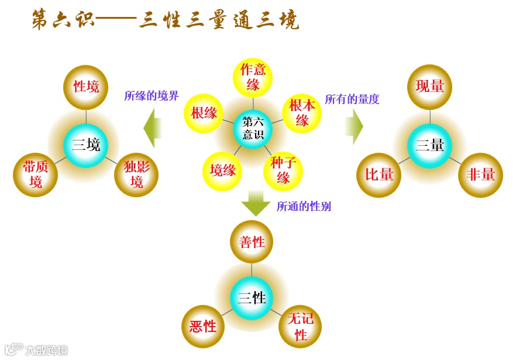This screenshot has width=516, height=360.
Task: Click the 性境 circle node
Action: pos(86,87)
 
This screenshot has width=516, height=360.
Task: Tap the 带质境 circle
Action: pos(36,174)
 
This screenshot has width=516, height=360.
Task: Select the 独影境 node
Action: pos(136,174)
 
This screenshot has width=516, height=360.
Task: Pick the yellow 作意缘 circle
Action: pos(253,77)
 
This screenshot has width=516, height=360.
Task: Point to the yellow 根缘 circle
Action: pos(204,113)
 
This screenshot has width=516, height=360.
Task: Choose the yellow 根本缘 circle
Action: pos(302,113)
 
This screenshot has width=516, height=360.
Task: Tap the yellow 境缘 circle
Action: pos(223,170)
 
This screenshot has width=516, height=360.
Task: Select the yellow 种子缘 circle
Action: pos(283,170)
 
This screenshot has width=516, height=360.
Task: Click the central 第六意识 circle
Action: pos(253,128)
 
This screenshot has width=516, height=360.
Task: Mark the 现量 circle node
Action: pos(430,87)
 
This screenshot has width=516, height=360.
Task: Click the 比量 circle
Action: pos(379,174)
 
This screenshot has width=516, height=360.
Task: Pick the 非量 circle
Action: pos(480,174)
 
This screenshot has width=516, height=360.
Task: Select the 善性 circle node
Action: pos(252,242)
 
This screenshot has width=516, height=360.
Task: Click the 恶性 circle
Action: pos(203,326)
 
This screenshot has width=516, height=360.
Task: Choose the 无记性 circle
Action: pos(301,327)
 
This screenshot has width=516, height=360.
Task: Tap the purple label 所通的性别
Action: pos(304,206)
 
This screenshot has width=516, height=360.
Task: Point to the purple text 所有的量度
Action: pos(352,99)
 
